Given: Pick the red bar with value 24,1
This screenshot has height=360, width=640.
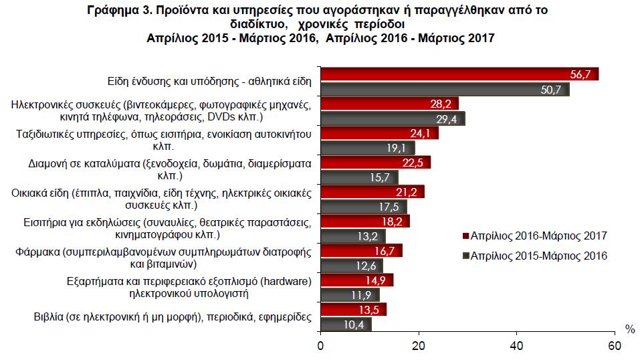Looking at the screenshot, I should [x=379, y=132].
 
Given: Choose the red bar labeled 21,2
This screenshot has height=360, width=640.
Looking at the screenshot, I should [x=371, y=193].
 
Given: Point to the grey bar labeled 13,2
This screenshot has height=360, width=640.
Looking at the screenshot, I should [x=352, y=236].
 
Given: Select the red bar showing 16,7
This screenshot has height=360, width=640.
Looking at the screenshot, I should [x=360, y=251].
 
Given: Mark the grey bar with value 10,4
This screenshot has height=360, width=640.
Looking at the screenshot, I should [x=345, y=325].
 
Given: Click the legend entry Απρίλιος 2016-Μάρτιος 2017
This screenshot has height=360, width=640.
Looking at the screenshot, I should [x=534, y=236].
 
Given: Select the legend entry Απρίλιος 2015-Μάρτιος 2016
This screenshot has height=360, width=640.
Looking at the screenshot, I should [x=534, y=256].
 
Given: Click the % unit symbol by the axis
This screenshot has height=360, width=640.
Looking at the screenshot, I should [x=629, y=329].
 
